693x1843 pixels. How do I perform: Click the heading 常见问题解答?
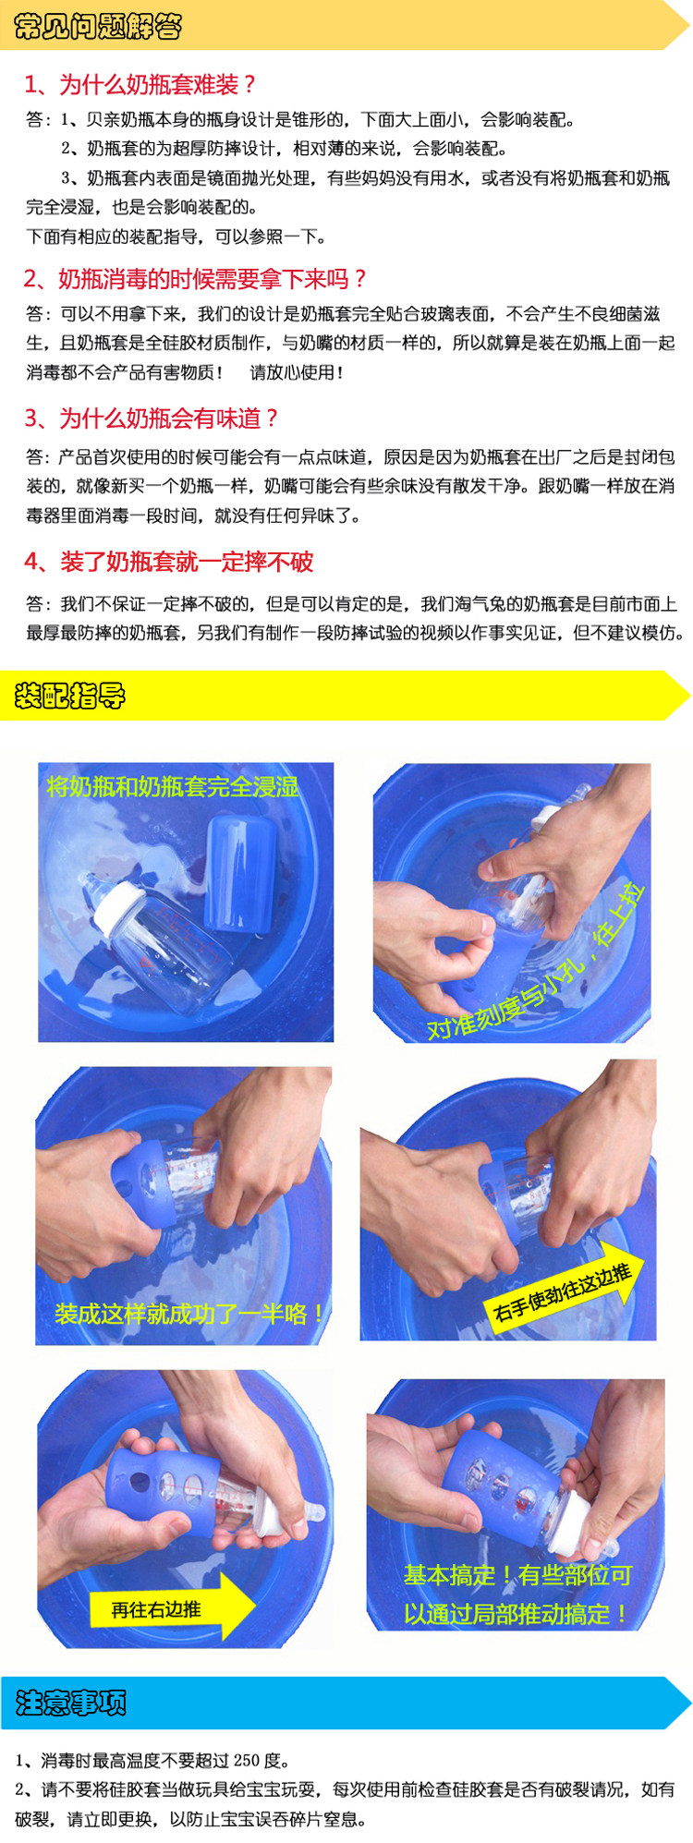(x=98, y=26)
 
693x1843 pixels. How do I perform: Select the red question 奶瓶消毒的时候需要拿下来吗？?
(x=213, y=278)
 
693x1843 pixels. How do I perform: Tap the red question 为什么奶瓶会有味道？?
(x=169, y=418)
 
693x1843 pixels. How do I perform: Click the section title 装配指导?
(x=70, y=695)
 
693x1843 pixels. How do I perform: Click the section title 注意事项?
(x=70, y=1702)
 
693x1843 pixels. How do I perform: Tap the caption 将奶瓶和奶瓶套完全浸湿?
(x=173, y=786)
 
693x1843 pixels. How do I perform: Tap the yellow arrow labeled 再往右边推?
(x=172, y=1609)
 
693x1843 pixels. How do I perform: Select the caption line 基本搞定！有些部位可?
(x=517, y=1575)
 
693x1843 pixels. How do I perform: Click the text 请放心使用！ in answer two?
(x=298, y=372)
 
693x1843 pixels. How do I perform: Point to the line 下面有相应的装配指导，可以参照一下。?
(x=176, y=236)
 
